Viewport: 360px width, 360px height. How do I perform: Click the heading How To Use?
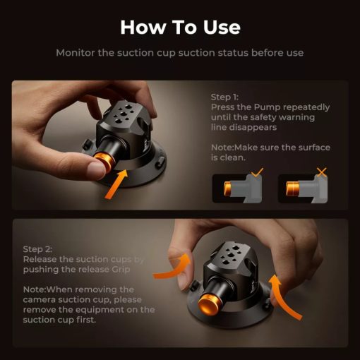click(x=180, y=28)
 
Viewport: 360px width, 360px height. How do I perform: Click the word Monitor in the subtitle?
click(x=76, y=53)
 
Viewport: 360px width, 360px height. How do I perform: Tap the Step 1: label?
click(x=224, y=97)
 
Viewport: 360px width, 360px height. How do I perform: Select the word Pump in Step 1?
click(x=267, y=107)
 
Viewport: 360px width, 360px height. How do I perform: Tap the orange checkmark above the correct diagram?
click(x=257, y=172)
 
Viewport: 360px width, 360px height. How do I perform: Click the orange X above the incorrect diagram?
click(x=322, y=172)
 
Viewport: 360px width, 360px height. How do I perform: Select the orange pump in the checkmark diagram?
click(x=227, y=188)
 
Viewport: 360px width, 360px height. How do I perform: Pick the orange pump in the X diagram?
click(x=292, y=188)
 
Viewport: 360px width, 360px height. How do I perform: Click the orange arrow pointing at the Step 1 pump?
click(x=116, y=184)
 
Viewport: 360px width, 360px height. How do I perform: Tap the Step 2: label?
click(x=37, y=249)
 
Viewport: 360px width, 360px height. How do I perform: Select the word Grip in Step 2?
click(x=121, y=270)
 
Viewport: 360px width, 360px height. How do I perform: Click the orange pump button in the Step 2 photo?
click(x=208, y=305)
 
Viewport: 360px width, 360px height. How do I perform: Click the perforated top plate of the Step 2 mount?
click(x=232, y=256)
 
